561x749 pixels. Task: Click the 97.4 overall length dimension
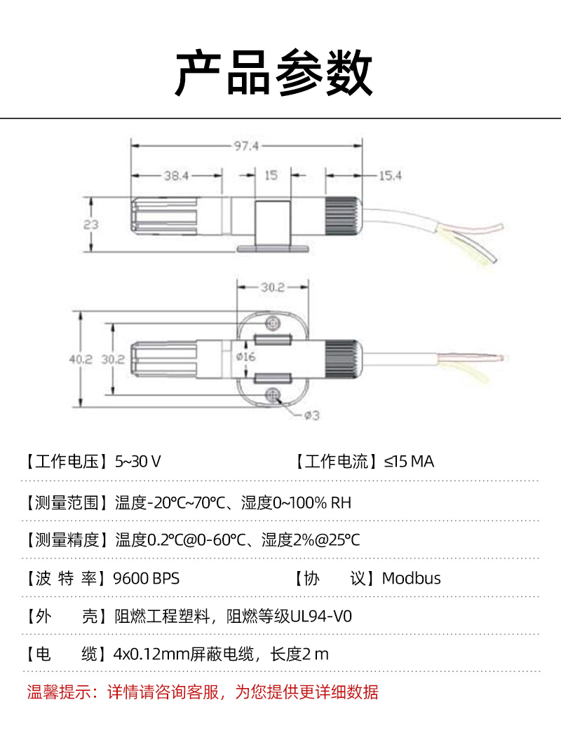pos(246,146)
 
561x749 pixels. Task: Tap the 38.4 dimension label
pos(177,176)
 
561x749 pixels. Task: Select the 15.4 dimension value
pos(391,176)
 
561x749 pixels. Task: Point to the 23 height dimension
pos(91,224)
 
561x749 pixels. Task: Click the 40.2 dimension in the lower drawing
pos(81,359)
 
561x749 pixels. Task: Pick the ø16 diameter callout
pos(246,357)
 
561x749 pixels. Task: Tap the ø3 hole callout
pos(312,415)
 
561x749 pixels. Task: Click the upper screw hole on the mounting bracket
pos(273,324)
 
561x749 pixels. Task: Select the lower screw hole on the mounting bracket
pos(273,395)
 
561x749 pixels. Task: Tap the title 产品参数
pos(273,73)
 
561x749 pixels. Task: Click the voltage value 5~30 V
pos(137,462)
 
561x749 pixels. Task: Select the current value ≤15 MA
pos(409,462)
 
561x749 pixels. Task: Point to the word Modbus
pos(412,578)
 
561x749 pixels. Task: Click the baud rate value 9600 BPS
pos(147,579)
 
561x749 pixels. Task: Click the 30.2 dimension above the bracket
pos(273,287)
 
